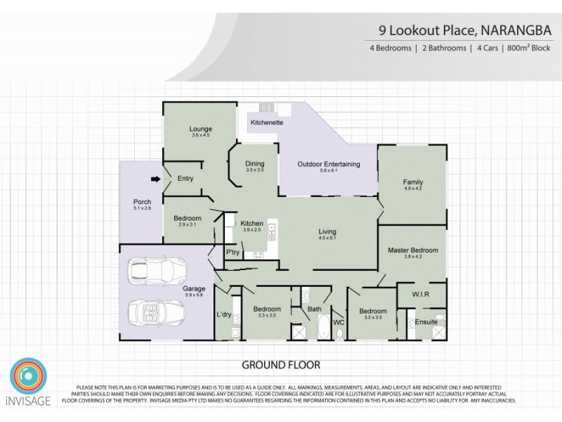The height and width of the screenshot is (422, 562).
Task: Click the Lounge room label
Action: (200, 129)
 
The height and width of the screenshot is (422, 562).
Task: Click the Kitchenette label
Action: (266, 122)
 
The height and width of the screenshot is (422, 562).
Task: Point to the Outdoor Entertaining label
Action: (329, 164)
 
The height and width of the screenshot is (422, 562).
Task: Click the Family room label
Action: (412, 182)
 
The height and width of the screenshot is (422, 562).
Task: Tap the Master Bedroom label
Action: (413, 250)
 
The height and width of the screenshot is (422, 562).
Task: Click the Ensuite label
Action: (426, 321)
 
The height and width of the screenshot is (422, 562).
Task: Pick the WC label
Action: (338, 322)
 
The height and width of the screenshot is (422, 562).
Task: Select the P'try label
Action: (233, 252)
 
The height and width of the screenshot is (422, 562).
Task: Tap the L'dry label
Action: (224, 314)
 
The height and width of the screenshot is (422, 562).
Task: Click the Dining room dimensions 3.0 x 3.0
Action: (254, 171)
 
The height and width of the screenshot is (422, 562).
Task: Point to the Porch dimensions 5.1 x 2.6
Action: (142, 208)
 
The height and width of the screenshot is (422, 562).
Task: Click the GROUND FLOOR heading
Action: (281, 365)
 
